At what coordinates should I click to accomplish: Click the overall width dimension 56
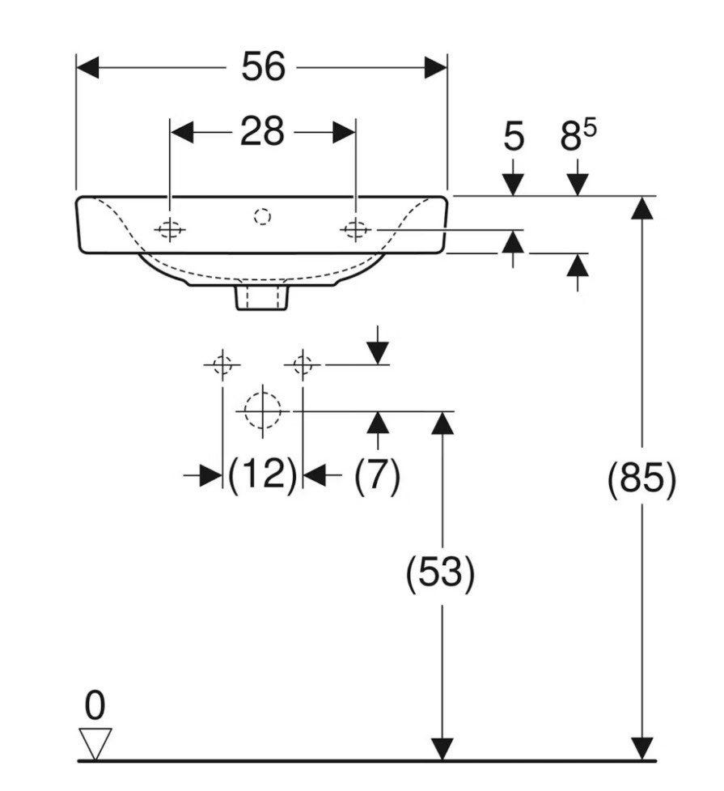[263, 66]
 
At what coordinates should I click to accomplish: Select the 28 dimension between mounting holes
[262, 132]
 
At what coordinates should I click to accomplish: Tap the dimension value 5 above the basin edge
[514, 137]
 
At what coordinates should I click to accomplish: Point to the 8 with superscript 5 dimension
[578, 135]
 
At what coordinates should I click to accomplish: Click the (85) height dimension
[641, 478]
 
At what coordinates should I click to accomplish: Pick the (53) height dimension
[440, 572]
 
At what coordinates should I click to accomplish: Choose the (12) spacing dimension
[263, 474]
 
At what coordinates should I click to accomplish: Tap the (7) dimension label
[378, 474]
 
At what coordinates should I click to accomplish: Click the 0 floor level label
[95, 706]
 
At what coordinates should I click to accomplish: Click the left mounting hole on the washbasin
[170, 230]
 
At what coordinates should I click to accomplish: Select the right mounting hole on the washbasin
[355, 230]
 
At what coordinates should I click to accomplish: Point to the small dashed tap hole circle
[263, 217]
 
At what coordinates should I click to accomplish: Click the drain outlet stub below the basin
[262, 298]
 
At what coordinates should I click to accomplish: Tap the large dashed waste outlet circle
[263, 410]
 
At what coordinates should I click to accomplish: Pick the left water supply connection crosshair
[222, 364]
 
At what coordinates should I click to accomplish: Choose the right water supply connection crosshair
[302, 364]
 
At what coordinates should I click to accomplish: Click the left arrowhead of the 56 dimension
[87, 67]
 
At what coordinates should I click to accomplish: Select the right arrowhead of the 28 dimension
[345, 132]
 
